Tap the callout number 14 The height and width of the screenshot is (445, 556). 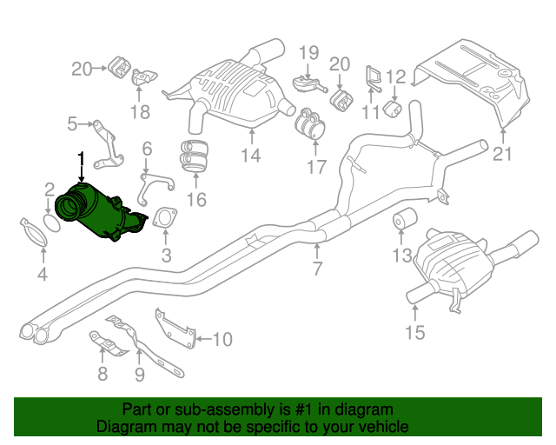click(251, 156)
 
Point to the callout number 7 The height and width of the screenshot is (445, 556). click(317, 269)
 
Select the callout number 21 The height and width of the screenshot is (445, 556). click(503, 156)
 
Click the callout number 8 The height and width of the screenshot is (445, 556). click(103, 375)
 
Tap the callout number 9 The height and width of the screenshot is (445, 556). click(139, 375)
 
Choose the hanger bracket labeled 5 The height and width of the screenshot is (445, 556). click(106, 143)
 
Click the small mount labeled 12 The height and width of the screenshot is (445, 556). click(391, 111)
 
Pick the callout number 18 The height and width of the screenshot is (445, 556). click(140, 111)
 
